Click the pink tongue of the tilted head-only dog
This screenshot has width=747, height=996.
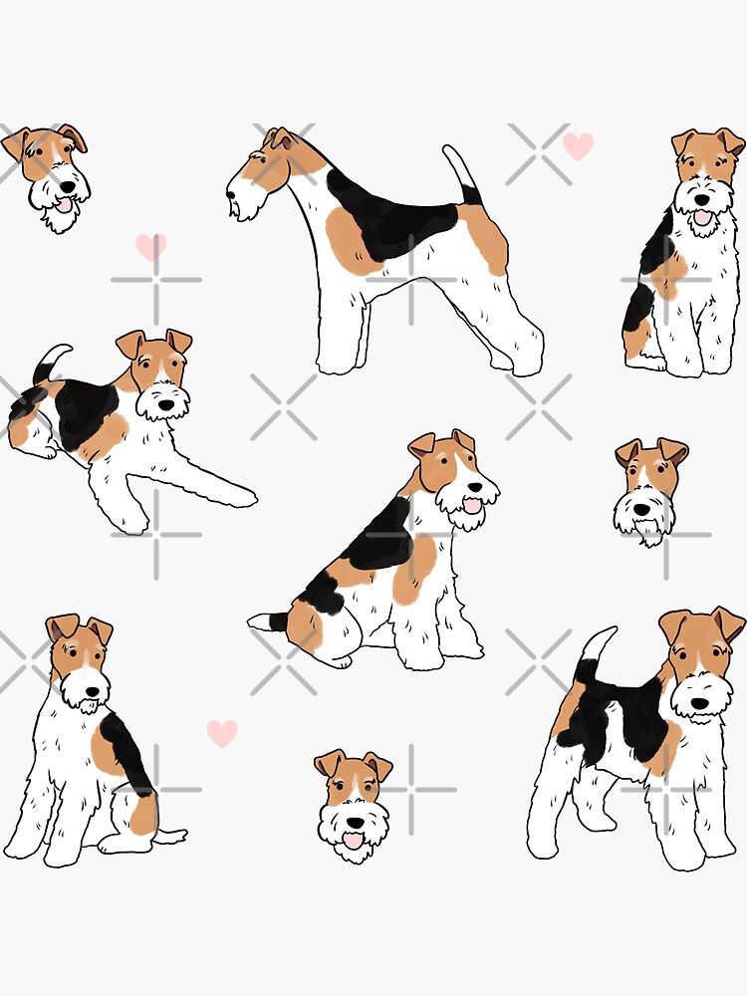(65, 206)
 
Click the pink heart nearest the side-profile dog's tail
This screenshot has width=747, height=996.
(578, 146)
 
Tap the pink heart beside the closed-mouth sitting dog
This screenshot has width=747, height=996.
(222, 733)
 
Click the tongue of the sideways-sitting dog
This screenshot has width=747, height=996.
(471, 507)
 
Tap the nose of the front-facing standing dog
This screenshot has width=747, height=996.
(700, 703)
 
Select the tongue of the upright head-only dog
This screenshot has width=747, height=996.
(352, 842)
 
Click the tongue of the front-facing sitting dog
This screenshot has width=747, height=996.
(703, 216)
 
